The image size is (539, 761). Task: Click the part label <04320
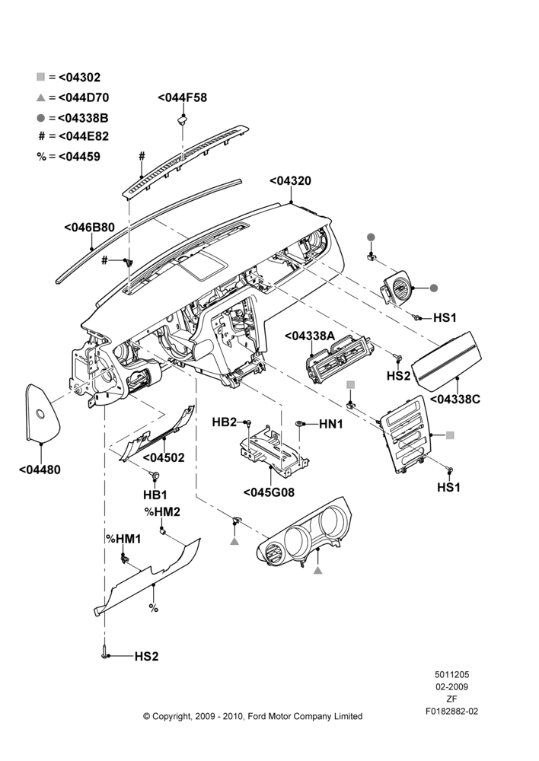(290, 181)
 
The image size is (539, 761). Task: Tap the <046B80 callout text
(89, 228)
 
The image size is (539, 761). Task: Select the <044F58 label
(183, 97)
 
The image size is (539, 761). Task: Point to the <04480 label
(40, 470)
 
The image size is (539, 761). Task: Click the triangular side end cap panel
(42, 413)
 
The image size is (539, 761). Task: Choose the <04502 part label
(164, 457)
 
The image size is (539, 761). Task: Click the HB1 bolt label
(155, 495)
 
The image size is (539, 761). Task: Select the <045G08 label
(269, 492)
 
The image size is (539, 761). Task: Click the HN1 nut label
(331, 424)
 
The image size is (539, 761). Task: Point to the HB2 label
(225, 422)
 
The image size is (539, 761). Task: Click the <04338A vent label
(310, 336)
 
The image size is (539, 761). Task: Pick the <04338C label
(455, 400)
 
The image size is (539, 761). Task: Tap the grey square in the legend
(41, 77)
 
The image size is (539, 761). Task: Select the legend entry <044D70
(84, 97)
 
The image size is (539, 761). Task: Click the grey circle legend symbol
(41, 118)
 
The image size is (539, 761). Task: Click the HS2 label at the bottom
(147, 657)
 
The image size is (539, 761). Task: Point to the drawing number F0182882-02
(451, 712)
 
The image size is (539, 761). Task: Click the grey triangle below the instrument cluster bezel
(318, 570)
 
